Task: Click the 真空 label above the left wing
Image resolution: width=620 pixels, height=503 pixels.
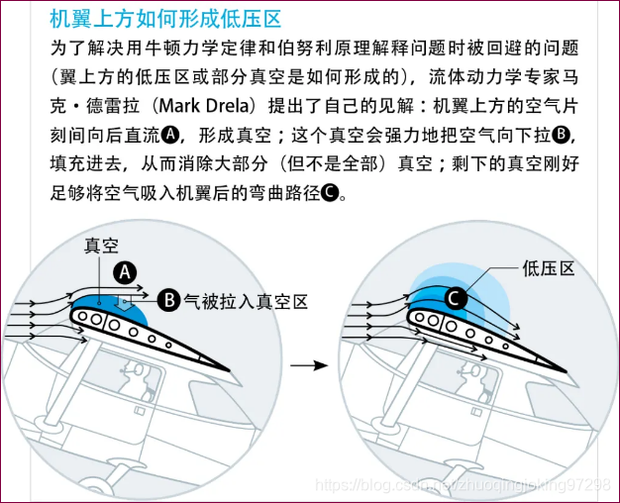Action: [x=102, y=245]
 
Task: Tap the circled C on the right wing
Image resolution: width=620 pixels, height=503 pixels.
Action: [x=454, y=297]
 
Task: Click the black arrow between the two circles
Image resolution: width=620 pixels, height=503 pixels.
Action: [x=314, y=365]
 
